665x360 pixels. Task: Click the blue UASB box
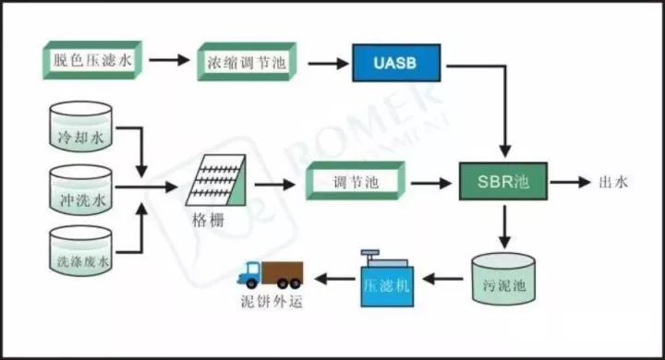tap(396, 63)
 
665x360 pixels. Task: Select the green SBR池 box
tap(503, 182)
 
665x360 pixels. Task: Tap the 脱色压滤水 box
tap(92, 60)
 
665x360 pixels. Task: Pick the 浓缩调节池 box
tap(247, 62)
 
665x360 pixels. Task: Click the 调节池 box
tap(356, 181)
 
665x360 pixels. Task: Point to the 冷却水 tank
tap(80, 126)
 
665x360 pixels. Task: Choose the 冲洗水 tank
tap(80, 189)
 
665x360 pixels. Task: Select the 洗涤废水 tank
tap(80, 250)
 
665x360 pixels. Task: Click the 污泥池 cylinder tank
tap(503, 279)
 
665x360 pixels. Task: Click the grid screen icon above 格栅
tap(216, 180)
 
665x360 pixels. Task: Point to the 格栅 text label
tap(208, 221)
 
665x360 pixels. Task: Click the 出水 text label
tap(613, 183)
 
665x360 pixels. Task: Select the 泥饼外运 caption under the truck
tap(272, 302)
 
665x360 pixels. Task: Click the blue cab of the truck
tap(249, 275)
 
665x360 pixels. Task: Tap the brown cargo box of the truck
tap(283, 273)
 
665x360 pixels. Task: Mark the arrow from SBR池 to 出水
tap(570, 183)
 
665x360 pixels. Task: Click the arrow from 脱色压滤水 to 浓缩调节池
tap(169, 60)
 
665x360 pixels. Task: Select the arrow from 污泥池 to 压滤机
tap(442, 279)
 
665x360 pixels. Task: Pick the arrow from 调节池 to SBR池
tap(431, 183)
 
